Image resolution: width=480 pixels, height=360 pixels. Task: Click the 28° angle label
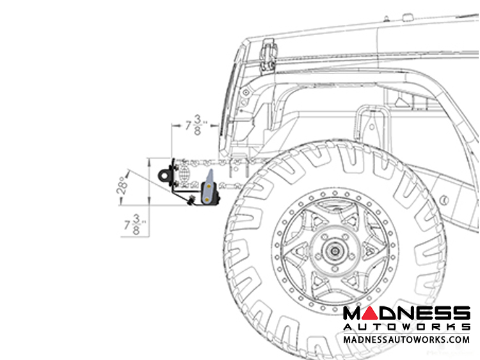[122, 185]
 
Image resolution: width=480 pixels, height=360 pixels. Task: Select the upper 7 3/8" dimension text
[196, 125]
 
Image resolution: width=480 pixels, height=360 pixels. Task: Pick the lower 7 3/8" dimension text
[135, 225]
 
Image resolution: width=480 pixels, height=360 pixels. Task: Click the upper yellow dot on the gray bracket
[209, 186]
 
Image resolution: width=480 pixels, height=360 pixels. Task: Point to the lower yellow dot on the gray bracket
[207, 200]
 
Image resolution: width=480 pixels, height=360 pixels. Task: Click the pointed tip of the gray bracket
[211, 169]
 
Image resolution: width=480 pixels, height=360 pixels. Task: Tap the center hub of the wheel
[335, 251]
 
